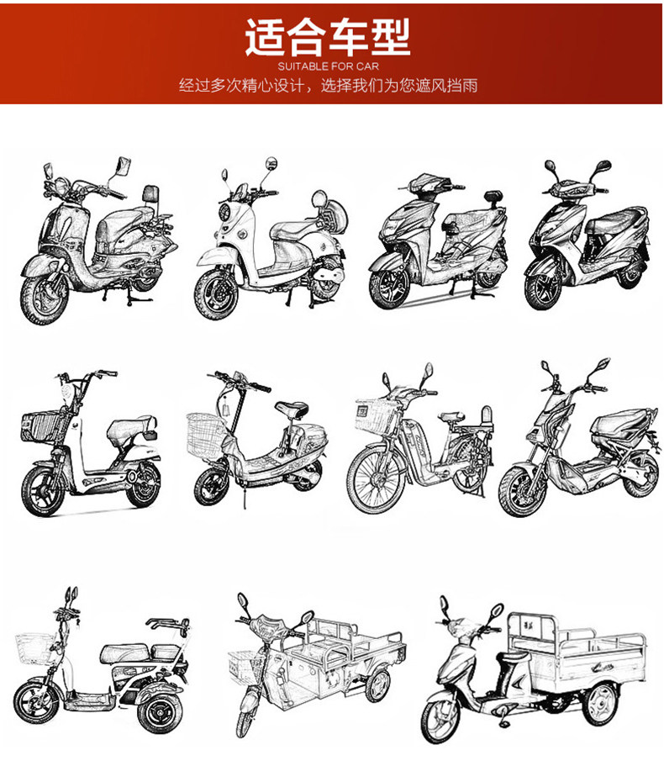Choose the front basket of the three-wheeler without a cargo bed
click(x=33, y=648)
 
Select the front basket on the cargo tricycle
click(x=243, y=663)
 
